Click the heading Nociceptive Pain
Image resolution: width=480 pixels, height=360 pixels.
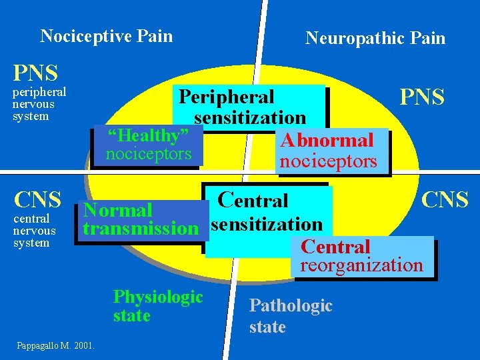pos(106,36)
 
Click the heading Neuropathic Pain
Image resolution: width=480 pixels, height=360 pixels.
pos(375,38)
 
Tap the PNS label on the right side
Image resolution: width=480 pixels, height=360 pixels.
pos(421,97)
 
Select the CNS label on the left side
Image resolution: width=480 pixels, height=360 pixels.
pos(38,199)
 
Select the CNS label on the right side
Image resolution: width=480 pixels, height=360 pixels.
pos(445,199)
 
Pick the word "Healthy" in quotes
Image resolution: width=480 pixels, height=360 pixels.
pos(148,135)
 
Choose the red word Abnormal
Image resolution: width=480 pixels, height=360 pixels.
pos(327,141)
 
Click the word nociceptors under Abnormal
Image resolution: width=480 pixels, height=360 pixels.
pos(328,161)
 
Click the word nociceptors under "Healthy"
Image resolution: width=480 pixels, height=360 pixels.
pos(148,155)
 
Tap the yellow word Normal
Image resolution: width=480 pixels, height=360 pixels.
pos(118,211)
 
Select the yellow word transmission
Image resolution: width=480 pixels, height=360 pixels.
pos(140,229)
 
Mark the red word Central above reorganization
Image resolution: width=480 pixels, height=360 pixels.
pos(335,247)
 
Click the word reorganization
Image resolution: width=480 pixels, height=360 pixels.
pos(361,265)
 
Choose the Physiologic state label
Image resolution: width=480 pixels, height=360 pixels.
pos(158,306)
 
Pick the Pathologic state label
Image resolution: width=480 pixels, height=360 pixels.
pos(290,316)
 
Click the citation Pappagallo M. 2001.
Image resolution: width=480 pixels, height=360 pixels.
pos(57,345)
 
